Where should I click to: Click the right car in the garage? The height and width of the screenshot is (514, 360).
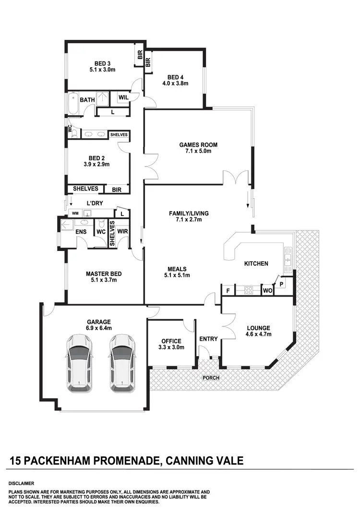pos(122,363)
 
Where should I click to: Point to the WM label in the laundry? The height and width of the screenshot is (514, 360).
pos(75,213)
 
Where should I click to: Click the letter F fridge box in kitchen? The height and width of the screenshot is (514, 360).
pos(228,290)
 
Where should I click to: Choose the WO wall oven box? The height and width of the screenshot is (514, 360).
pos(267,290)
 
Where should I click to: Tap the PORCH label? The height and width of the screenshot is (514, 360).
pos(211,378)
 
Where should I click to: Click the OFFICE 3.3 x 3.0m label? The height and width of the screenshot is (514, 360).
pos(171,344)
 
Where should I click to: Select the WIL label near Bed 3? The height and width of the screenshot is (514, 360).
pos(123,97)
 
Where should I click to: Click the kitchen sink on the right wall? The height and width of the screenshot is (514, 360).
pos(288,257)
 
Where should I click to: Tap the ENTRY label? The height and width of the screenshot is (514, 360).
pos(208,339)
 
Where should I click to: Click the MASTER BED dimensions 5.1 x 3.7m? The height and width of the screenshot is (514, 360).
pos(104,280)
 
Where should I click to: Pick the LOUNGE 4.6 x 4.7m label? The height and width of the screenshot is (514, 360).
pos(258,331)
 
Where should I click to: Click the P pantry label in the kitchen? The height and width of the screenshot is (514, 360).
pos(282,284)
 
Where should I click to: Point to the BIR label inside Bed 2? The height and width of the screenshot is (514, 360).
pos(117,190)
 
